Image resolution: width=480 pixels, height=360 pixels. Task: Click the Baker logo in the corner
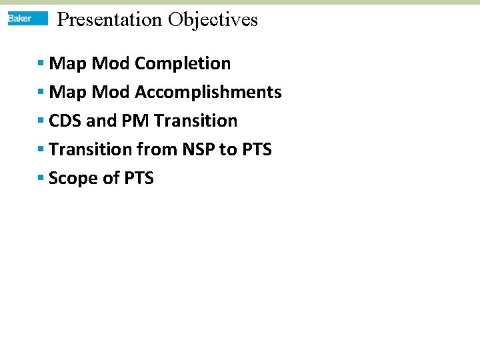pos(27,19)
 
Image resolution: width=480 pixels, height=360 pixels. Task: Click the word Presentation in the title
pos(109,19)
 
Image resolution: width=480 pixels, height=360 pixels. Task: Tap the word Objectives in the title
pos(213,19)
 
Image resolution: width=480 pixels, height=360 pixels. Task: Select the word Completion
pos(183,63)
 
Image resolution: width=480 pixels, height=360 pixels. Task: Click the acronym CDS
pos(65,121)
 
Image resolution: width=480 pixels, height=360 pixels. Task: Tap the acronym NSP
pos(193,149)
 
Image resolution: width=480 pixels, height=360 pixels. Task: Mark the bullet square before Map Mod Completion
pos(41,64)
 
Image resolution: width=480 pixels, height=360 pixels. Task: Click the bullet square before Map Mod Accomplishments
pos(41,93)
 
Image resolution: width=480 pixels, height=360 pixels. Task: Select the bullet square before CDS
pos(41,121)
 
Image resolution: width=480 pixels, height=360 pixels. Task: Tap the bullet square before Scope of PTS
pos(41,179)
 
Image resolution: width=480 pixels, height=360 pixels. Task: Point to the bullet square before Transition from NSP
pos(41,150)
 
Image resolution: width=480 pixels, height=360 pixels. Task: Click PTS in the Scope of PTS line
pos(138,178)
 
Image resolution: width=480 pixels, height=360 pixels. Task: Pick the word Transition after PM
pos(195,121)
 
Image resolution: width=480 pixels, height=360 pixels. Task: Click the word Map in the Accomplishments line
pos(67,92)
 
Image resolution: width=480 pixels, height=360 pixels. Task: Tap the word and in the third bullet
pos(101,121)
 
